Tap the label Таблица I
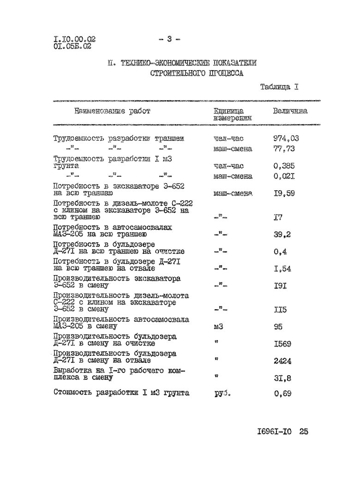coord(279,86)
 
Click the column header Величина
coord(290,111)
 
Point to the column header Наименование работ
coord(111,111)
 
